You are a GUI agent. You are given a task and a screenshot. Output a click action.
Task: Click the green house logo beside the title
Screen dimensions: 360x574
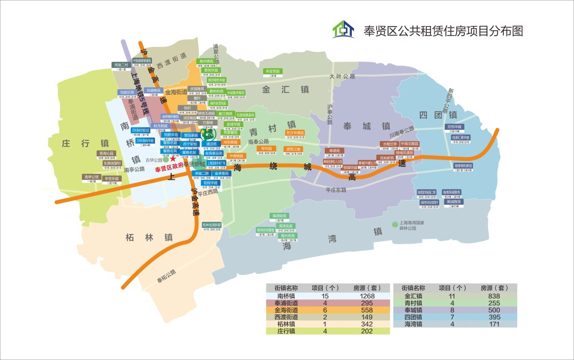point(343,30)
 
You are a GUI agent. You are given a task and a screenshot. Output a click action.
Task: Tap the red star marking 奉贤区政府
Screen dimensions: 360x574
point(173,159)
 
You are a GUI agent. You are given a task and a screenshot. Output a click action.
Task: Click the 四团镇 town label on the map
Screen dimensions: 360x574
point(437,115)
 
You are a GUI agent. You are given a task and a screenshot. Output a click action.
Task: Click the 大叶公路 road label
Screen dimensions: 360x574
point(342,77)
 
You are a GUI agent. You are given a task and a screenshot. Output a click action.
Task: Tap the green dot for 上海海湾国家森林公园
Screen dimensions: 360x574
point(394,224)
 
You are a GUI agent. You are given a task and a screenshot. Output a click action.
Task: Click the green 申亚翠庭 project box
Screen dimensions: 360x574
point(273,71)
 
